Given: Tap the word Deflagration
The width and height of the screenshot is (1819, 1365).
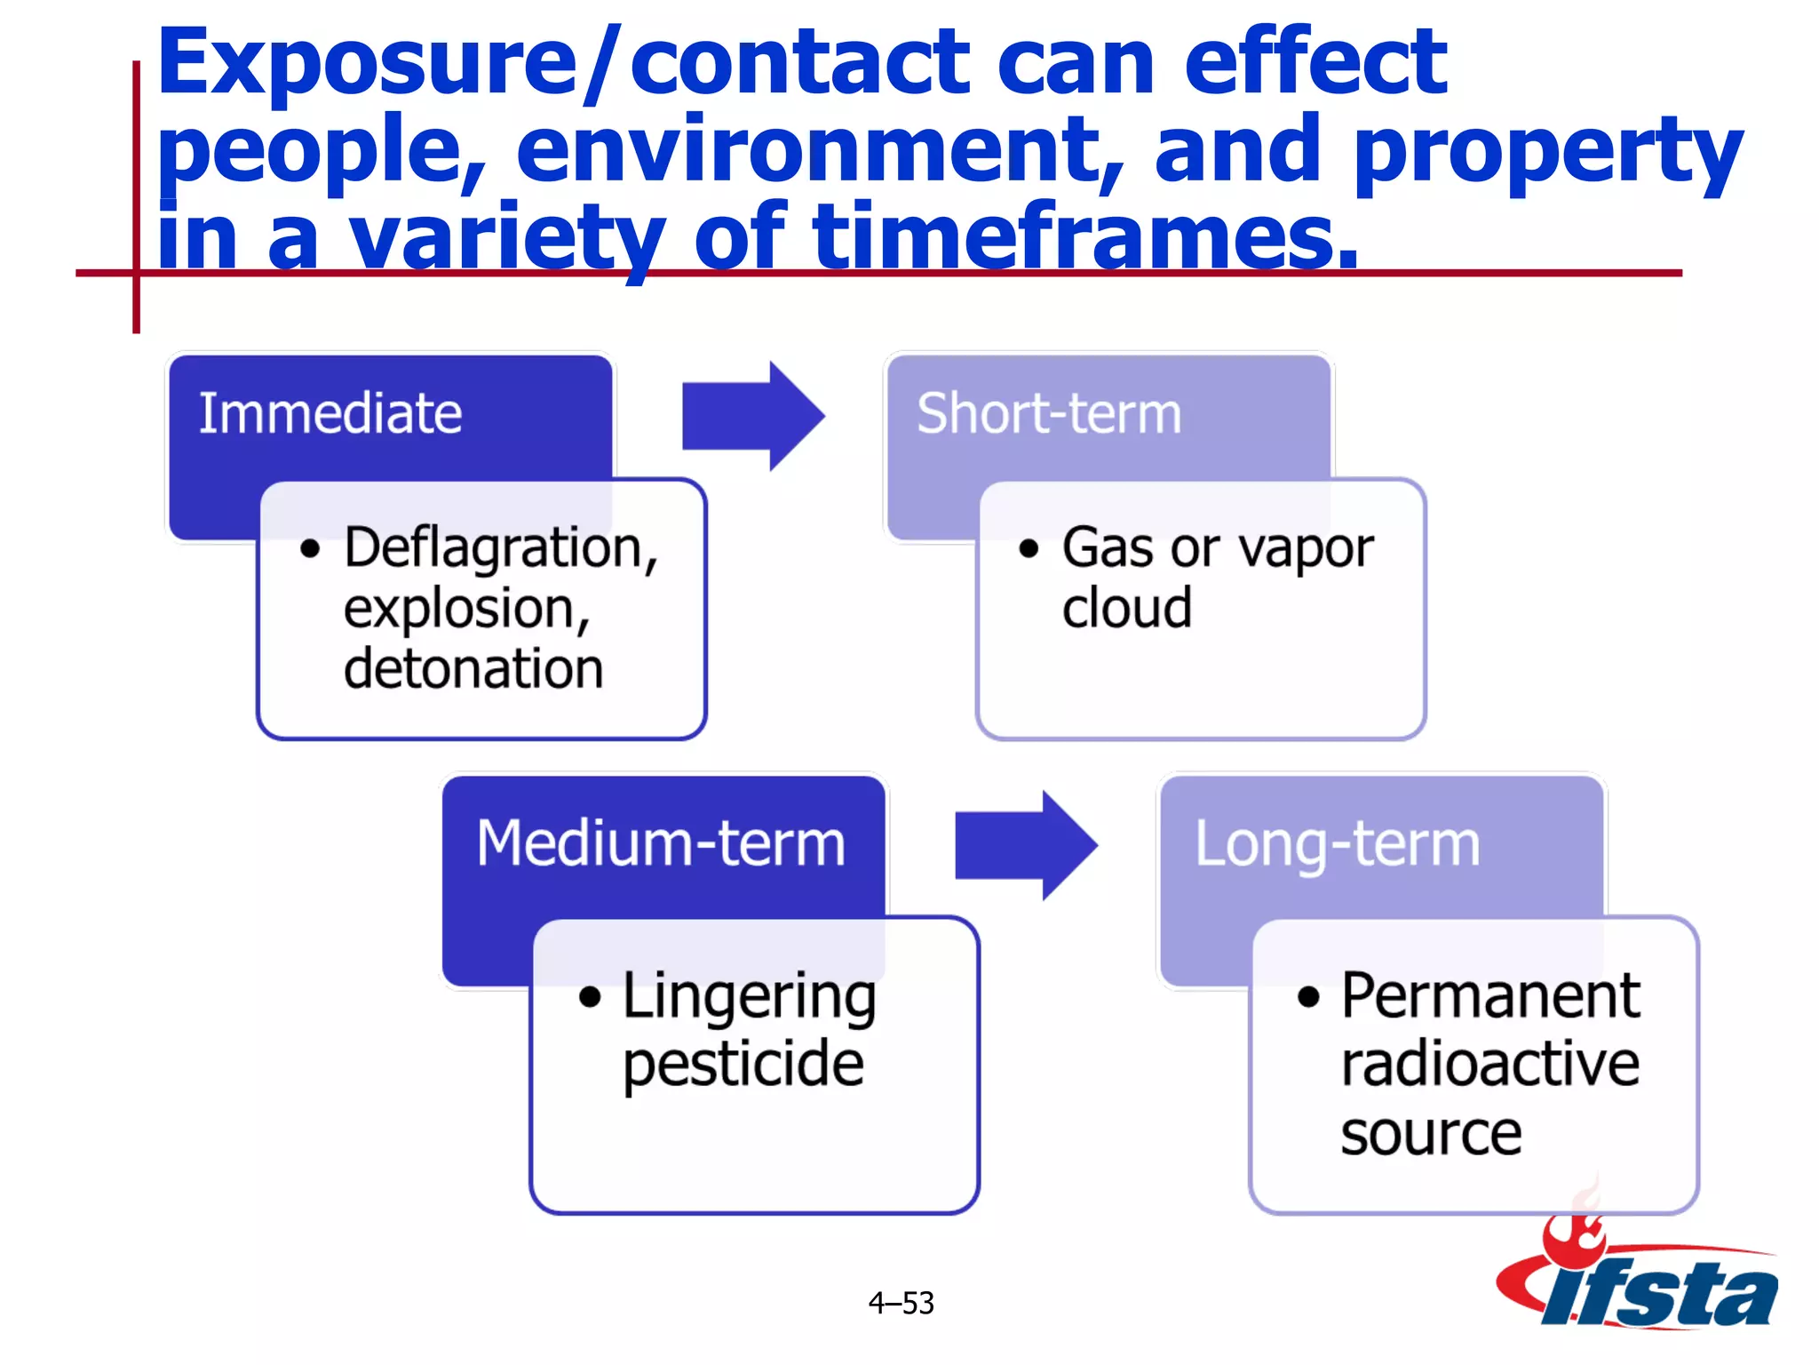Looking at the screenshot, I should (x=500, y=547).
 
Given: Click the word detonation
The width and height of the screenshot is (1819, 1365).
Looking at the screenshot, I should (x=473, y=668).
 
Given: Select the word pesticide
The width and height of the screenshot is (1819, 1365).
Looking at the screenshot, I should (x=743, y=1064).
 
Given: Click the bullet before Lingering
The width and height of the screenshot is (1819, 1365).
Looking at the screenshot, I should (x=590, y=997).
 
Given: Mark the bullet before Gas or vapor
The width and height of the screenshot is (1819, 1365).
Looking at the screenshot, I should (x=1029, y=548).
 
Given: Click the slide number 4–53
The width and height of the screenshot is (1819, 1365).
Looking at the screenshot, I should (x=901, y=1303).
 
